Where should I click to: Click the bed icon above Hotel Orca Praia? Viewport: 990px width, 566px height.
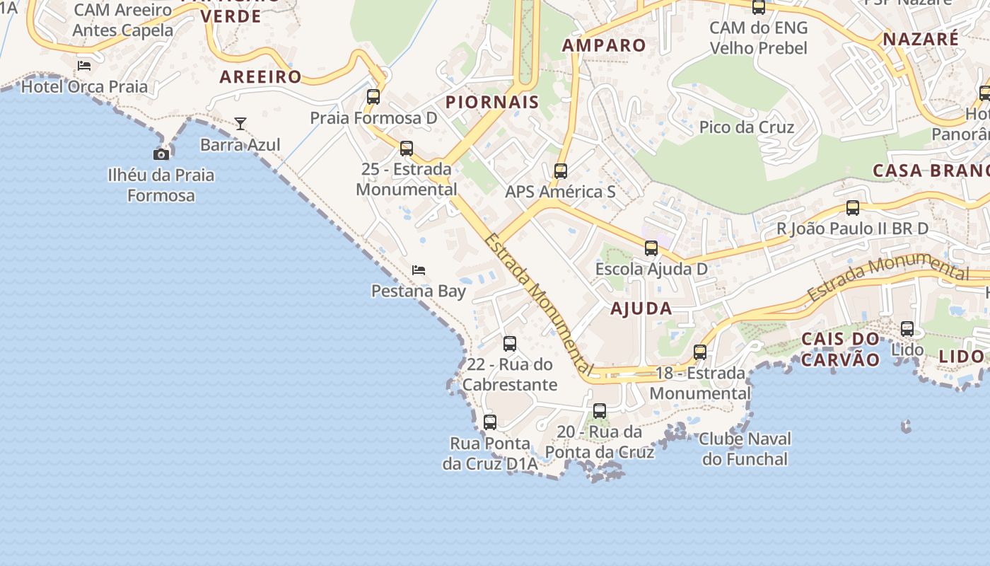pyautogui.click(x=84, y=66)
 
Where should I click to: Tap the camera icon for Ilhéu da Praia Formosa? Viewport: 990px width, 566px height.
pyautogui.click(x=161, y=154)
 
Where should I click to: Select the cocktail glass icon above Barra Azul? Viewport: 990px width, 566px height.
pyautogui.click(x=240, y=124)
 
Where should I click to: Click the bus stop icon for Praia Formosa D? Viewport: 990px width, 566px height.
pyautogui.click(x=373, y=97)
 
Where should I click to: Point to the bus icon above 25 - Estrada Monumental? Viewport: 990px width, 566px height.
pyautogui.click(x=407, y=149)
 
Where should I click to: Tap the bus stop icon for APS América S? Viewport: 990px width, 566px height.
pyautogui.click(x=561, y=171)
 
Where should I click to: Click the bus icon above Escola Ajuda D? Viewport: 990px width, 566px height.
pyautogui.click(x=651, y=248)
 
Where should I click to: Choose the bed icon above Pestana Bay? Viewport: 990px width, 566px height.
pyautogui.click(x=419, y=270)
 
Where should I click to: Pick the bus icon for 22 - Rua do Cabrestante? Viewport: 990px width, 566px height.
pyautogui.click(x=510, y=345)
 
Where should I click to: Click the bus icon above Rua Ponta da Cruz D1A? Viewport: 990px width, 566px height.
pyautogui.click(x=490, y=422)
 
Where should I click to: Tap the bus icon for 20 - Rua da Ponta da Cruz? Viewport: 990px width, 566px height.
pyautogui.click(x=600, y=411)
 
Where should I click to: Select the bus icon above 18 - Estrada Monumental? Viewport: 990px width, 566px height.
pyautogui.click(x=700, y=352)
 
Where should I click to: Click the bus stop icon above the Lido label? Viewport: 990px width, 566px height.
pyautogui.click(x=907, y=329)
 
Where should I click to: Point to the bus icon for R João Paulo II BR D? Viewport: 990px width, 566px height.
pyautogui.click(x=853, y=208)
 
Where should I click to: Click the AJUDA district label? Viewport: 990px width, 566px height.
pyautogui.click(x=641, y=308)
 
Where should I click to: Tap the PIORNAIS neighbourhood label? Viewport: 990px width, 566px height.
pyautogui.click(x=492, y=102)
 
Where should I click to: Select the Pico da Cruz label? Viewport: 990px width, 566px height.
pyautogui.click(x=747, y=127)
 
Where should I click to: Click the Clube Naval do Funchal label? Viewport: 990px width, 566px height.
pyautogui.click(x=745, y=449)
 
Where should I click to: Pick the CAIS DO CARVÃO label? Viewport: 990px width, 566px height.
pyautogui.click(x=840, y=349)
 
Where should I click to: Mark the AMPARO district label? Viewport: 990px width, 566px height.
pyautogui.click(x=604, y=45)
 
